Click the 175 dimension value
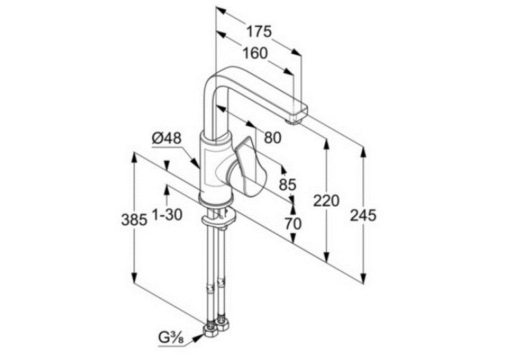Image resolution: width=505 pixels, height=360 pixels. click(259, 32)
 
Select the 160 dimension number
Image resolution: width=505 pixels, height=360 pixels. click(255, 54)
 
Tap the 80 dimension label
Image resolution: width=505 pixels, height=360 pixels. click(273, 137)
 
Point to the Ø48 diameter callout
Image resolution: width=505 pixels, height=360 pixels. click(167, 139)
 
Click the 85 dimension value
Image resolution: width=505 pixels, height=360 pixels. click(288, 185)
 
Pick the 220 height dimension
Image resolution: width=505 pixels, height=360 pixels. click(327, 201)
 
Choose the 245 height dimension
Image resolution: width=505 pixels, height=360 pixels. click(363, 215)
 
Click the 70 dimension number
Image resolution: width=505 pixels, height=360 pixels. click(293, 224)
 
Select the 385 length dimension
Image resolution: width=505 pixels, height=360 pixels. click(134, 220)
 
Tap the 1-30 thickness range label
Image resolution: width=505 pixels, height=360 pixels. click(167, 215)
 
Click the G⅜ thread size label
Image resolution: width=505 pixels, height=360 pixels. click(171, 338)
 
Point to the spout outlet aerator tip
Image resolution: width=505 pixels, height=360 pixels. click(294, 121)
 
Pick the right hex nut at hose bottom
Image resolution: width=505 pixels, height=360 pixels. click(222, 324)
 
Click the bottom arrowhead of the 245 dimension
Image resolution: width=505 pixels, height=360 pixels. click(363, 278)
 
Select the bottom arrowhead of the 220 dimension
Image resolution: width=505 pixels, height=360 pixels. click(327, 257)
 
